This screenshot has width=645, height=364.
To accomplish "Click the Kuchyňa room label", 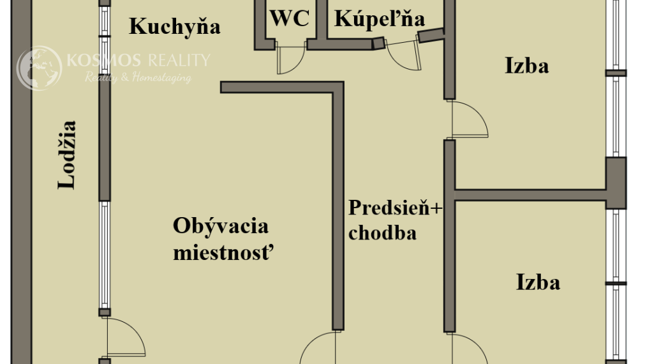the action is tap(175, 27).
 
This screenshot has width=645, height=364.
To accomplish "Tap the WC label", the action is tap(290, 19).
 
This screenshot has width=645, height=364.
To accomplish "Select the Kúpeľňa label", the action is tap(379, 19).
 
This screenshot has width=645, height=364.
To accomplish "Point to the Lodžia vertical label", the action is tap(67, 155).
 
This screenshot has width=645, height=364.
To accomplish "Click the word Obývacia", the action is tap(221, 227).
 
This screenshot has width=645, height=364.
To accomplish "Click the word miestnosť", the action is tap(223, 252).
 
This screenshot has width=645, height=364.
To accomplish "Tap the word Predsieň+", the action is tap(396, 208).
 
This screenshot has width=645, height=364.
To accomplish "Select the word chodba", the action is tap(383, 233).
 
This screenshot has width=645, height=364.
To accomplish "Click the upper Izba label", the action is tap(526, 66).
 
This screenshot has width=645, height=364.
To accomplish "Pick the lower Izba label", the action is tap(538, 283).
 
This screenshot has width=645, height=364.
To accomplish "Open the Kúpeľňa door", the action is tap(403, 53).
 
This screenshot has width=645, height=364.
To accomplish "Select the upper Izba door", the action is tap(470, 119).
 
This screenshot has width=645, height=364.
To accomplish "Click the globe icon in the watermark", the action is tap(39, 68).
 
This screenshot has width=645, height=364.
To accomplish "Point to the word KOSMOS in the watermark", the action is tap(103, 61).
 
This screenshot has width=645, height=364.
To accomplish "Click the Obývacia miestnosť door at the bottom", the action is tap(318, 348).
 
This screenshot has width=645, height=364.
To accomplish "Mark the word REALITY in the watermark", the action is tap(179, 61).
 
